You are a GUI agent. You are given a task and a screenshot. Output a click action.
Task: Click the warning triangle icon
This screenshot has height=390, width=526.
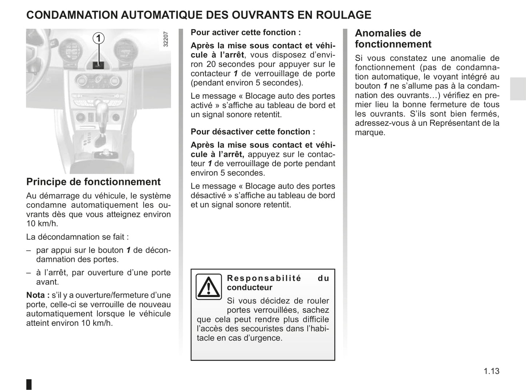pyautogui.click(x=209, y=287)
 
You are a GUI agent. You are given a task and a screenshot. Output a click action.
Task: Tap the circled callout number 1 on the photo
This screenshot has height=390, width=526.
pyautogui.click(x=98, y=38)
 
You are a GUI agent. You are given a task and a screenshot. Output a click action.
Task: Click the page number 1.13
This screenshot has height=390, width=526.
pyautogui.click(x=491, y=371)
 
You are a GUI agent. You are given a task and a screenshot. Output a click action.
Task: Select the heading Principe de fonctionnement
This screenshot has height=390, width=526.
pyautogui.click(x=94, y=182)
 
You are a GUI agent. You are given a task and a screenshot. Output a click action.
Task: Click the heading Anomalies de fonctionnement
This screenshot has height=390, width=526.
pyautogui.click(x=393, y=39)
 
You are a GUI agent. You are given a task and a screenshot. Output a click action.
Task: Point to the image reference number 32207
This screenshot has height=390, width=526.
pyautogui.click(x=166, y=39)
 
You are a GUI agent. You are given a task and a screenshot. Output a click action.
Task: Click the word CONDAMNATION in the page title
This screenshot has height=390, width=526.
pyautogui.click(x=72, y=15)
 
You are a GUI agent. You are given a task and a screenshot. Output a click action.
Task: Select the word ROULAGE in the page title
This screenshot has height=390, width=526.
pyautogui.click(x=343, y=15)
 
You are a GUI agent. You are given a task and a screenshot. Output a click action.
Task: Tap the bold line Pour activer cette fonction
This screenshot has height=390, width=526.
pyautogui.click(x=246, y=32)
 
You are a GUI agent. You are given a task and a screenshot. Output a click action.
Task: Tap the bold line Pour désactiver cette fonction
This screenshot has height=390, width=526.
pyautogui.click(x=253, y=132)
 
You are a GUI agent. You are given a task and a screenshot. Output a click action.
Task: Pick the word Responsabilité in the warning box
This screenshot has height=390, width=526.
pyautogui.click(x=264, y=278)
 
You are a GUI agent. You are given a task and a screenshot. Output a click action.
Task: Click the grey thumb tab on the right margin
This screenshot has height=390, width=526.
pyautogui.click(x=518, y=89)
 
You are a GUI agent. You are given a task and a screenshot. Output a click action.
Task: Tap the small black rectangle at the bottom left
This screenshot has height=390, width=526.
pyautogui.click(x=29, y=384)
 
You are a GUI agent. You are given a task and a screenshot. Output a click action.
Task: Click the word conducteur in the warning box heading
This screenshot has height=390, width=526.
pyautogui.click(x=249, y=287)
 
